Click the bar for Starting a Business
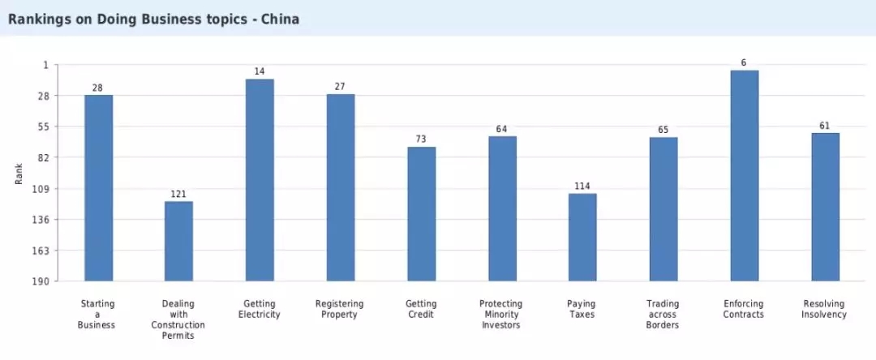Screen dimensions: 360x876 98,188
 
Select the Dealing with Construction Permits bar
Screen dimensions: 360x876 178,241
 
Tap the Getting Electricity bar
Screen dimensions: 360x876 260,180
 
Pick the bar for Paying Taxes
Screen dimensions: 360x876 582,237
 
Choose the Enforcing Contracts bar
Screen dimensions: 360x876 744,175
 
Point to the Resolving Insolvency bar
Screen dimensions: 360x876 825,207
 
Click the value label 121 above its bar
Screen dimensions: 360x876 178,195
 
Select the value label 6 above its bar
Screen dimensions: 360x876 744,63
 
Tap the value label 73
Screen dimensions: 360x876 421,139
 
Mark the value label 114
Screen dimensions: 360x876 582,186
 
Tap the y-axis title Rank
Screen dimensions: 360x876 19,173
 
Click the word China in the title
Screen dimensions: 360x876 280,19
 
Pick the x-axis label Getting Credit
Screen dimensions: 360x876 421,309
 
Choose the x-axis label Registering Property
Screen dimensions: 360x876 340,309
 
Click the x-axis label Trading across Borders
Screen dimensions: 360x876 663,315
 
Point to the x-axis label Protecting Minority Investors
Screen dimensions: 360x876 501,315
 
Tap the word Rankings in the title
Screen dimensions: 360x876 41,19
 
